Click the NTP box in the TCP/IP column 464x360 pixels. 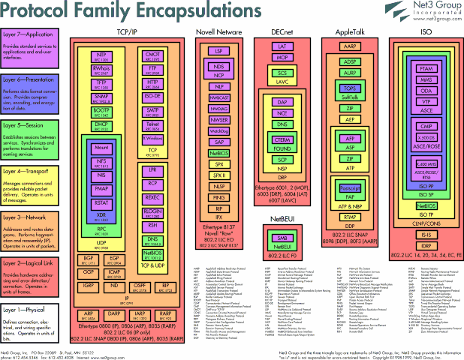(x=101, y=56)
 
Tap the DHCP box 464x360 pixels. (x=101, y=126)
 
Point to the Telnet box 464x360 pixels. (x=153, y=124)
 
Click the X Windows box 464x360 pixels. (x=153, y=139)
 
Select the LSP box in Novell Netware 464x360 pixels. (x=220, y=51)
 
